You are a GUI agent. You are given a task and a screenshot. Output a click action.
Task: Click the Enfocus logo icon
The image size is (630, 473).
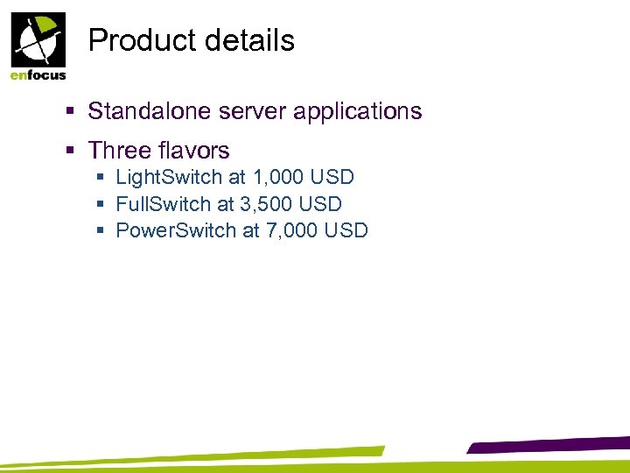[37, 39]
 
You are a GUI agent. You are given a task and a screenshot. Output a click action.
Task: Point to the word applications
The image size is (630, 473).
[368, 112]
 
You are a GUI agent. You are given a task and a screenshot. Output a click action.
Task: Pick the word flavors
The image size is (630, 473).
[194, 152]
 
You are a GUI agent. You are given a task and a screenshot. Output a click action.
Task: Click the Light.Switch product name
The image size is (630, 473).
[169, 178]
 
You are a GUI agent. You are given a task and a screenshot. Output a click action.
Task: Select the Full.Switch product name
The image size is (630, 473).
[163, 204]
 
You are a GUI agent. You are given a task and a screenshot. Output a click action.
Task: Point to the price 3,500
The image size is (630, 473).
[266, 204]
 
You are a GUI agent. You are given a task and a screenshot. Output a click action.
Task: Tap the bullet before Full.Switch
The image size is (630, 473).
[102, 205]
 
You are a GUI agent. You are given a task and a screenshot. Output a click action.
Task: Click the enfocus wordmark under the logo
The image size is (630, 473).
[38, 74]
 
